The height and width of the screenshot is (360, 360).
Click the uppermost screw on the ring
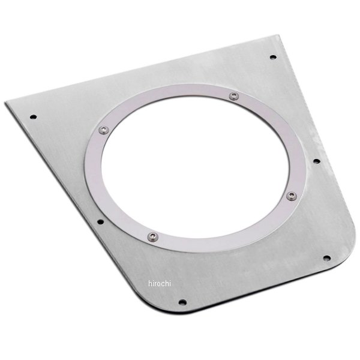234,96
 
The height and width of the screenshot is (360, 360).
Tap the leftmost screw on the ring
104,130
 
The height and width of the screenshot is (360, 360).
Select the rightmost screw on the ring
292,196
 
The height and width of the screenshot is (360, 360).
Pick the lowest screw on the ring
152,237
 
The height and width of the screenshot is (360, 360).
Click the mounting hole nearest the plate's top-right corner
273,57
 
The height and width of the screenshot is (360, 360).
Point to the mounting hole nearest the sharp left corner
33,117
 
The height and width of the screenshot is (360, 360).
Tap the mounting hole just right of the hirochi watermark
182,302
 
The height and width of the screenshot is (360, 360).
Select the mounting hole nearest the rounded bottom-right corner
327,258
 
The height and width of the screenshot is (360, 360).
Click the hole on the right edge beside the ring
317,161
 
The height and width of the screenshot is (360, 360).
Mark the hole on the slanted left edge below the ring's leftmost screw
100,222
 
